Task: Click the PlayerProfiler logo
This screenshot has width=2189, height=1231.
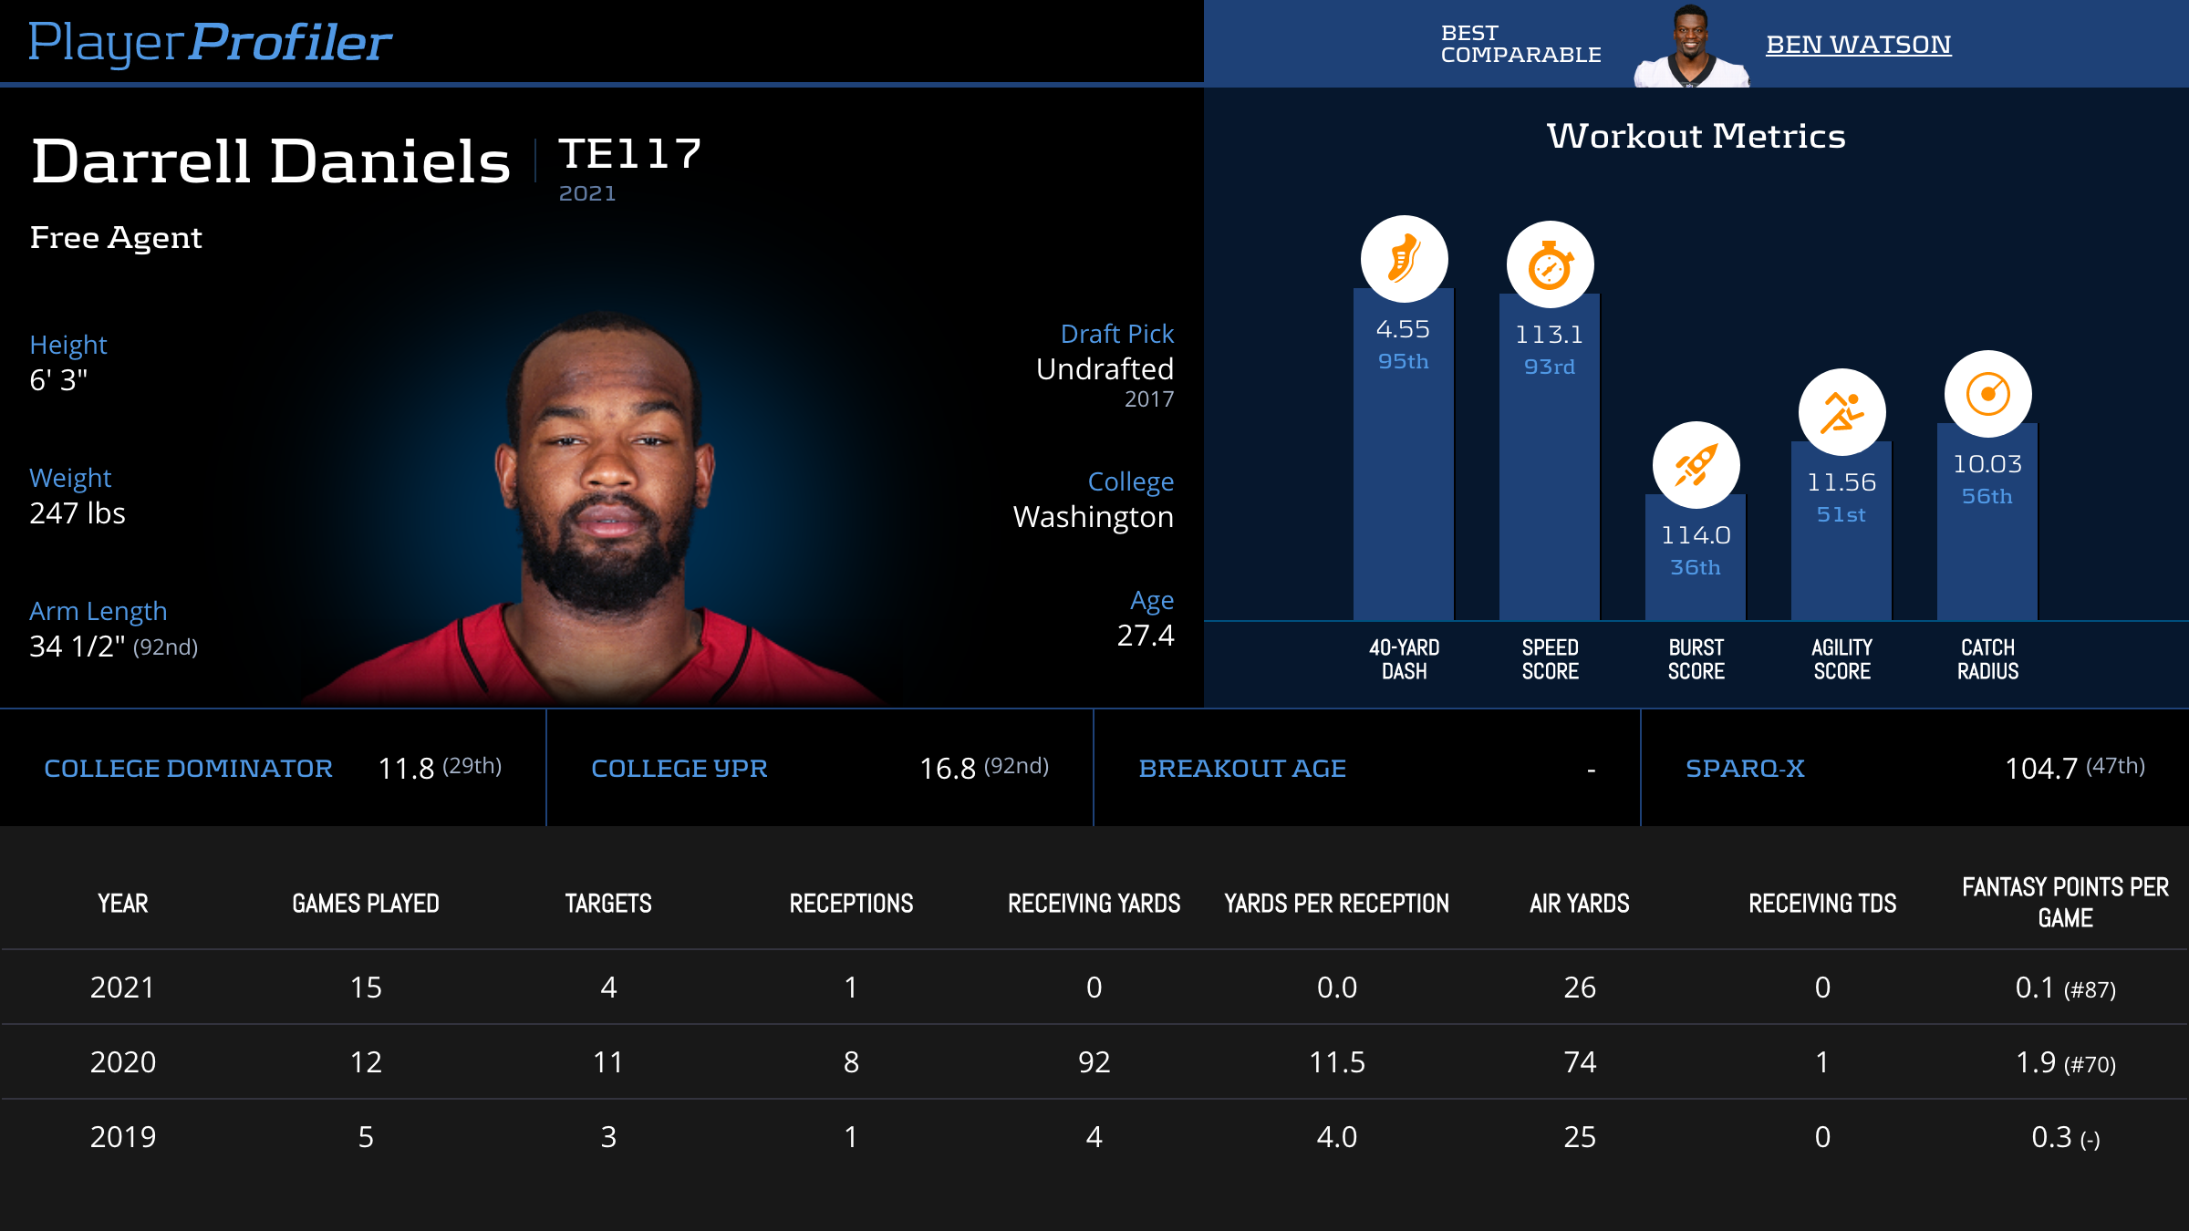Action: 210,42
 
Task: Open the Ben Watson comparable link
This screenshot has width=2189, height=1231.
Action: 1858,44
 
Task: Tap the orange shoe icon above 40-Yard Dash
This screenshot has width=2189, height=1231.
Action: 1404,259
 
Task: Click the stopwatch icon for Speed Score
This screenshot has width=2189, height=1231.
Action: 1550,265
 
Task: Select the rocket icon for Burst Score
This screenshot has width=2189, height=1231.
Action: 1696,465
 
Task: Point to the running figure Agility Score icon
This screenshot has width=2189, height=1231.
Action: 1841,412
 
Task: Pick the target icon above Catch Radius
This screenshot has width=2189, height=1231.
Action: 1987,394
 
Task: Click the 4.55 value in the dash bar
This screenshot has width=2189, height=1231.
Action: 1403,329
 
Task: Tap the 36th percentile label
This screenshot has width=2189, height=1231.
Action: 1696,567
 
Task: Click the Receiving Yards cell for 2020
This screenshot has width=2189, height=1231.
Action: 1094,1062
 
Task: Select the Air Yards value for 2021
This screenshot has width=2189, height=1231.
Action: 1580,988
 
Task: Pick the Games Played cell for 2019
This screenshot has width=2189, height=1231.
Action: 366,1137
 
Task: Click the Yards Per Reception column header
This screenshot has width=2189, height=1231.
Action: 1336,904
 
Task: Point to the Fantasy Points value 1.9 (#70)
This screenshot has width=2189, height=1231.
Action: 2065,1062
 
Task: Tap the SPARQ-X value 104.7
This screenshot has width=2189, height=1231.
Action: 2041,769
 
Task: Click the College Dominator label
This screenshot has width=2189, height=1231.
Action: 189,769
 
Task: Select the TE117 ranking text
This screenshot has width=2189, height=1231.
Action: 630,153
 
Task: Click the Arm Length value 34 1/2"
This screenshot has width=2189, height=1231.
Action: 78,647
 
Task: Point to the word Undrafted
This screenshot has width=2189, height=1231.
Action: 1105,369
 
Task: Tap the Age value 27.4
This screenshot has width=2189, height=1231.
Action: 1146,636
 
